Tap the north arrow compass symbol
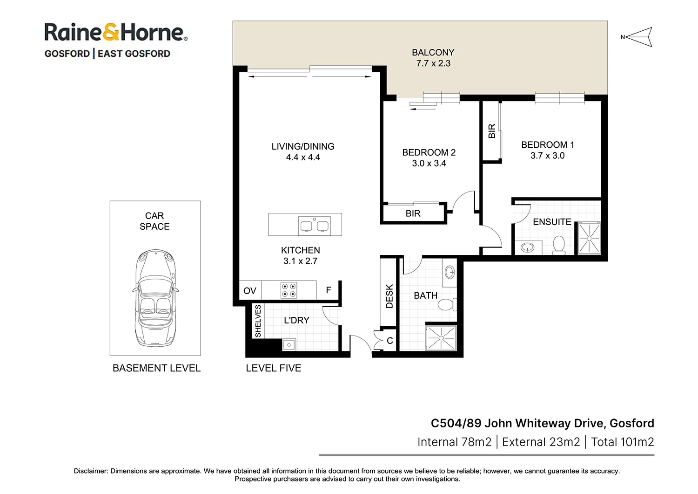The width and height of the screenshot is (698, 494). pos(638,37)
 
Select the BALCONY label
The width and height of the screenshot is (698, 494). pos(433,53)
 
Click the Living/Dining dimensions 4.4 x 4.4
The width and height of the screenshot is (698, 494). pos(303,158)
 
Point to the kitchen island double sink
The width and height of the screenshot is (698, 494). pos(315,226)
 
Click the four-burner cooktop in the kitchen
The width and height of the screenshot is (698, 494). pos(289,290)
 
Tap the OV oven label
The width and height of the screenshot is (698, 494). pos(250,291)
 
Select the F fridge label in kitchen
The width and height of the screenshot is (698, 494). pos(329,290)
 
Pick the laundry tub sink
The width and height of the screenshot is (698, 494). pos(289,345)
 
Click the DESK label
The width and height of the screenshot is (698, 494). pos(389,296)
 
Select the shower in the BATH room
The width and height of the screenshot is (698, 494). pos(441,337)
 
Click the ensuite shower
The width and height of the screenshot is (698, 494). pos(589,239)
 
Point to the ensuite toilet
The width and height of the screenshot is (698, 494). pos(559,245)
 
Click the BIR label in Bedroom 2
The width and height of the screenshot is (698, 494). pos(413,213)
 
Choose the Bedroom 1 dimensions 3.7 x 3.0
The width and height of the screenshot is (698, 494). pos(547,156)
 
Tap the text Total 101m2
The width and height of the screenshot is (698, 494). pos(622,442)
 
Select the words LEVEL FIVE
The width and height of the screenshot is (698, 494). pos(274,368)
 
